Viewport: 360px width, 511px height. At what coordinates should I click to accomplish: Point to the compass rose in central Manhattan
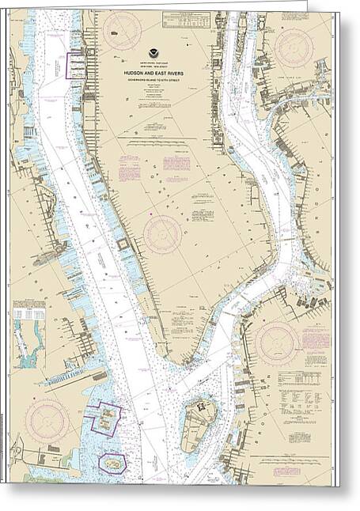[161, 235]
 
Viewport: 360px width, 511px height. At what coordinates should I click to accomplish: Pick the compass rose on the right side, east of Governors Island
[277, 342]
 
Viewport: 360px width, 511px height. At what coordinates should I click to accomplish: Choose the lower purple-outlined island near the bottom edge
[112, 462]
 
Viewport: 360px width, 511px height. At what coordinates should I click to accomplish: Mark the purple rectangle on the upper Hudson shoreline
[77, 65]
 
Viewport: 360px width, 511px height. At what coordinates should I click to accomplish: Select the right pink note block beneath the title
[176, 162]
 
